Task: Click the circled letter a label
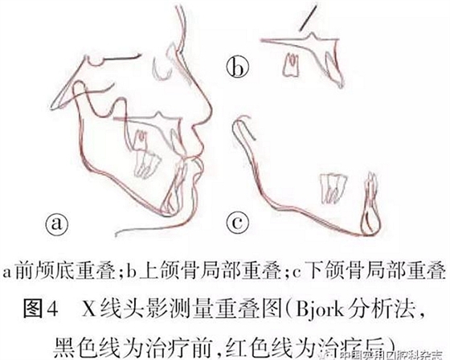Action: pos(60,222)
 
